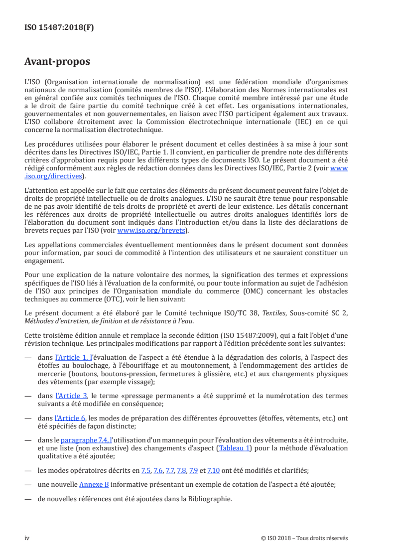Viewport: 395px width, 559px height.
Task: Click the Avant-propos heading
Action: click(57, 62)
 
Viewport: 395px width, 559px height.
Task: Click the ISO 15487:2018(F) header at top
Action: click(59, 28)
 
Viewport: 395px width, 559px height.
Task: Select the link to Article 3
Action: click(71, 396)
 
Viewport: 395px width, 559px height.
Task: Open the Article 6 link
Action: click(70, 418)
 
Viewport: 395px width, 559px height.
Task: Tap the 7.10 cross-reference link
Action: click(213, 470)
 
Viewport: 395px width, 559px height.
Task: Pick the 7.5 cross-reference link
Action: click(145, 470)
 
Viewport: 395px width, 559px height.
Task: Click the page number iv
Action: click(27, 538)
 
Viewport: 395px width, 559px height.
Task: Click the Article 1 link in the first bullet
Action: click(72, 358)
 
